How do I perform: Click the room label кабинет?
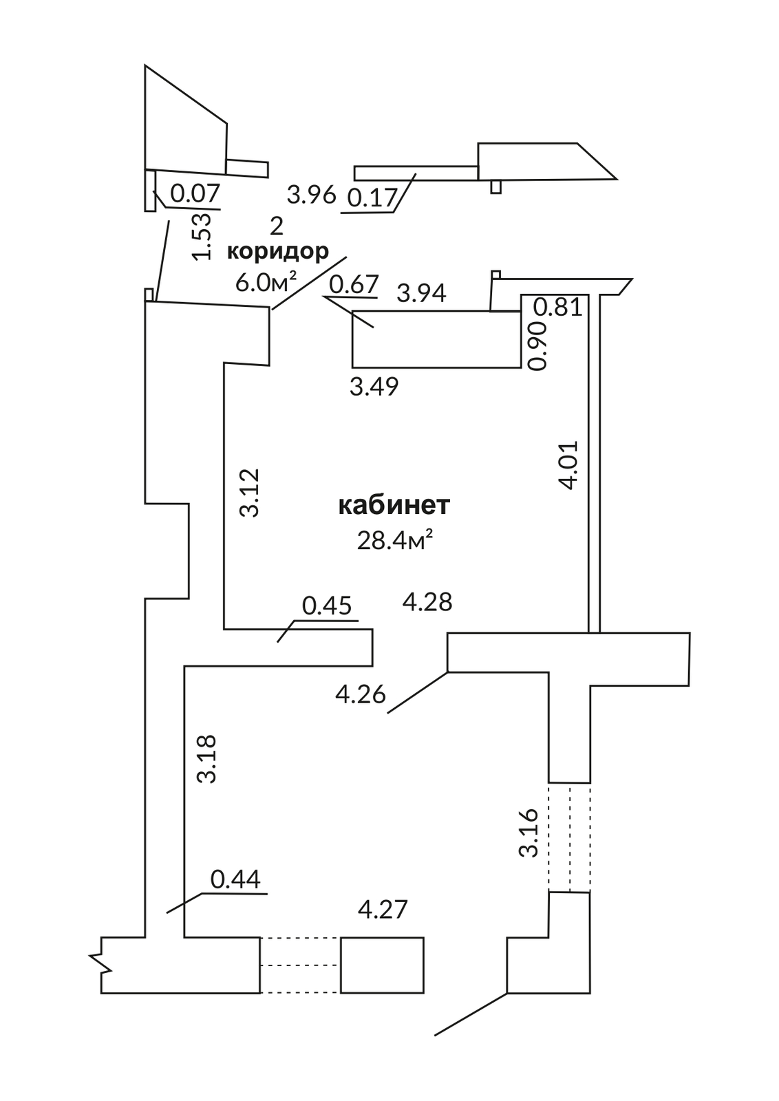394,506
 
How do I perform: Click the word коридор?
278,252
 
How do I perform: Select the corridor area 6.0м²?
266,282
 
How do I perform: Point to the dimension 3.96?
312,195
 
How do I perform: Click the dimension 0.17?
372,199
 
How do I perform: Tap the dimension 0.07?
195,193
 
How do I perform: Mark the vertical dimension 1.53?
202,236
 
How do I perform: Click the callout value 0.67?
354,285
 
